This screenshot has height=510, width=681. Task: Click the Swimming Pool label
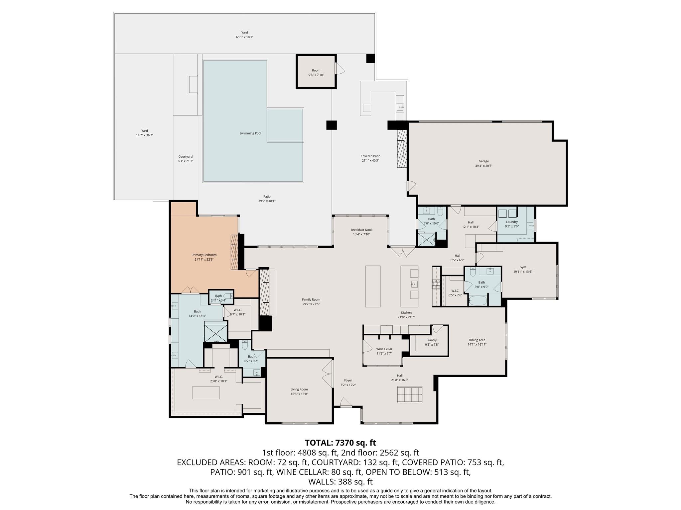250,133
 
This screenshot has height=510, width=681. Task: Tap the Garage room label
483,161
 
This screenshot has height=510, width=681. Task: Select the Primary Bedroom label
204,255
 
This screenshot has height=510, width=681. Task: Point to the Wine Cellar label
384,349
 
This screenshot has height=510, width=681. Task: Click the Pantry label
432,340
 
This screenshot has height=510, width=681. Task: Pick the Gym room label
523,267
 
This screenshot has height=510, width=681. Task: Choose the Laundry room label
512,222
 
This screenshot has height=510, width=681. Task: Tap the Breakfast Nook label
361,230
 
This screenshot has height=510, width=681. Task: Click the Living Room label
299,389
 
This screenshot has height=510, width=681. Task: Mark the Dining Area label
477,340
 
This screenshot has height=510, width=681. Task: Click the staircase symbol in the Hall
410,394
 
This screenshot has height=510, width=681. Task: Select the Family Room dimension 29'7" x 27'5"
311,304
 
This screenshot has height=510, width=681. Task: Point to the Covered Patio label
370,156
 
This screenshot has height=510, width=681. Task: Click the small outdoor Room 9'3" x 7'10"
316,72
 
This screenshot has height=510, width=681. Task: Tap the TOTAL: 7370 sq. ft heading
340,443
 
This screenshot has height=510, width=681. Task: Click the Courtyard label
185,157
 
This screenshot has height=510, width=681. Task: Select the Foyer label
348,381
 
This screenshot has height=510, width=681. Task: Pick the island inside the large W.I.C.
206,392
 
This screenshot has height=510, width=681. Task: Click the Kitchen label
406,313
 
